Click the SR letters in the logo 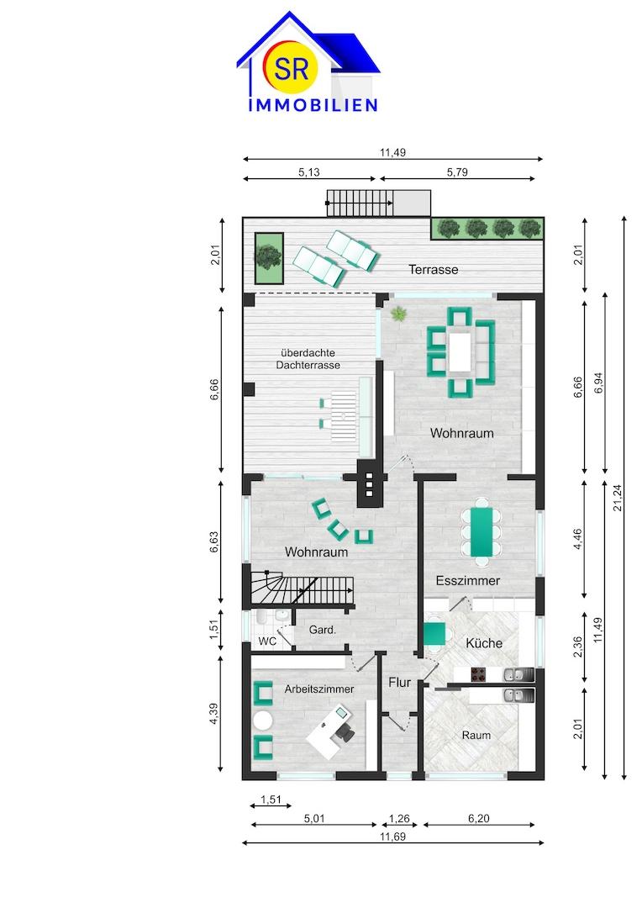coord(292,69)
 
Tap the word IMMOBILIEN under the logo coord(313,105)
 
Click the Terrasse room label coord(433,269)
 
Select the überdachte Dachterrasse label coord(308,359)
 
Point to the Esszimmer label coord(468,580)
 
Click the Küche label coord(484,643)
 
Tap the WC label coord(267,641)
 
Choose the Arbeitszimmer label coord(319,689)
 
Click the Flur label coord(399,682)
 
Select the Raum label coord(476,736)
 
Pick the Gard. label coord(323,630)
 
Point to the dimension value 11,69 coord(392,837)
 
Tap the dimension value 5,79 coord(457,172)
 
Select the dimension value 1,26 coord(399,818)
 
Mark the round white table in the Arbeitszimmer coord(263,721)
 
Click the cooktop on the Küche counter coord(480,674)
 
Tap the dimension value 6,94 coord(599,383)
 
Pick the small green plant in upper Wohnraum coord(398,314)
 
